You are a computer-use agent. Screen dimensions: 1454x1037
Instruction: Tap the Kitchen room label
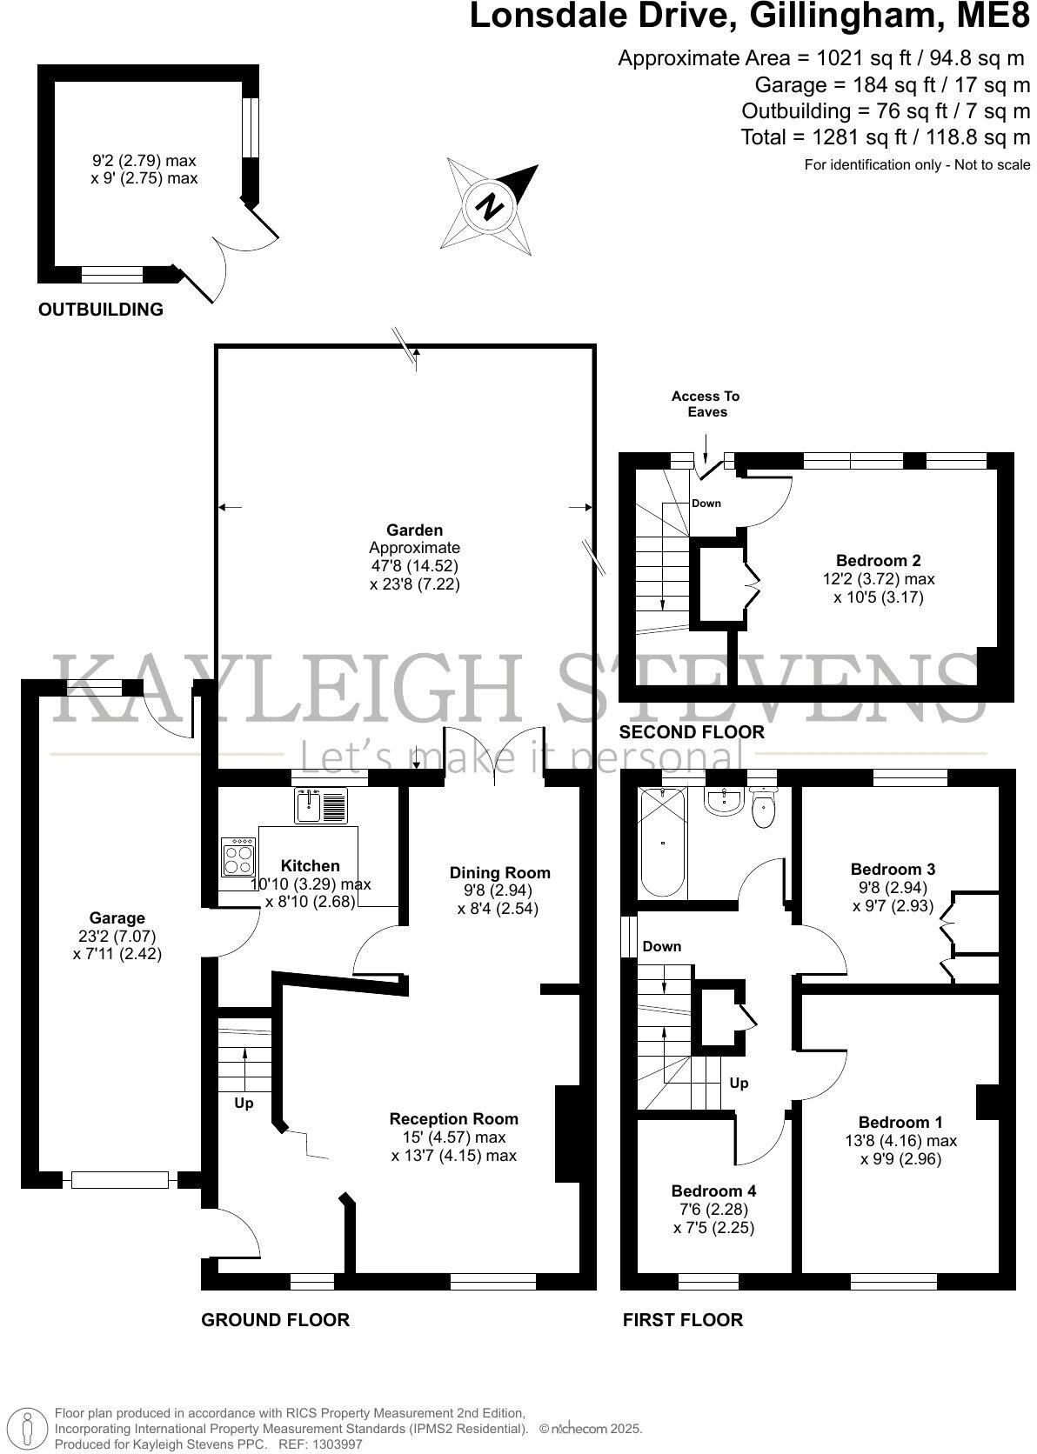[x=311, y=865]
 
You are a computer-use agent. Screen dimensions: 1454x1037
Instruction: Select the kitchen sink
[x=320, y=805]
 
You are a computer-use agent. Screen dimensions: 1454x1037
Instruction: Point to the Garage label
[x=117, y=917]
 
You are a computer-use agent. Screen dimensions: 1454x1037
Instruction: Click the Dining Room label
[x=499, y=872]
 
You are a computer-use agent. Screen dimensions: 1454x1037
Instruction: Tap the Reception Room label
[x=453, y=1118]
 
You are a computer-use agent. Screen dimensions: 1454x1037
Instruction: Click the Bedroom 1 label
[x=900, y=1122]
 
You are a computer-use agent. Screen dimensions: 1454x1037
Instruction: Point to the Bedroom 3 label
[x=893, y=869]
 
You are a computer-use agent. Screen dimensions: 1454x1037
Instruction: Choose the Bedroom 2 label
[x=878, y=561]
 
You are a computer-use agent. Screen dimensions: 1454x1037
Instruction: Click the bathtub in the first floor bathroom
[x=663, y=842]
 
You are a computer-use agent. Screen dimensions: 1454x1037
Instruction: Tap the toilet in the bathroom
[x=763, y=808]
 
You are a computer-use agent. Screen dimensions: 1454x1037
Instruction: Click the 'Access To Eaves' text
[x=706, y=404]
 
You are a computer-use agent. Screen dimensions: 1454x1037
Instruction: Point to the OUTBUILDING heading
[x=101, y=309]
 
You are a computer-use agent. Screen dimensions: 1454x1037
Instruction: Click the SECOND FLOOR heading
[x=692, y=732]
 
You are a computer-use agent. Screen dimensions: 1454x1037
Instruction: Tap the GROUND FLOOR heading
[x=275, y=1320]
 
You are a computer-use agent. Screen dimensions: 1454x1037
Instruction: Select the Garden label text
[x=415, y=530]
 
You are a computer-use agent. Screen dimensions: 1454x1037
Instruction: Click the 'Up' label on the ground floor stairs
[x=244, y=1104]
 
